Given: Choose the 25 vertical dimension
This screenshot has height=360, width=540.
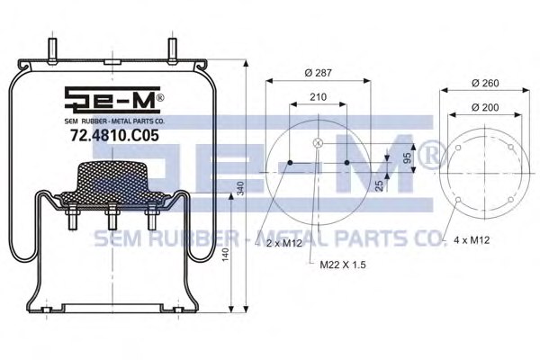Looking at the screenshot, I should point(380,185).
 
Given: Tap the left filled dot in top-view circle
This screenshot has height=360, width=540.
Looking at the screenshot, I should point(290,163).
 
